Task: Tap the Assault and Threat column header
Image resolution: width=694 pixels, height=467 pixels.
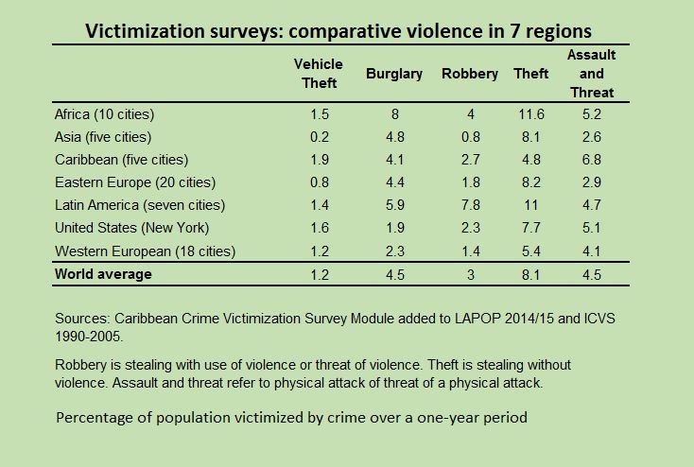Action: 590,73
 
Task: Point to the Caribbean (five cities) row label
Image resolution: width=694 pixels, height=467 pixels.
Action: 121,159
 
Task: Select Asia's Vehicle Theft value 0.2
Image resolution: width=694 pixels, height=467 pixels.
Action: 319,136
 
